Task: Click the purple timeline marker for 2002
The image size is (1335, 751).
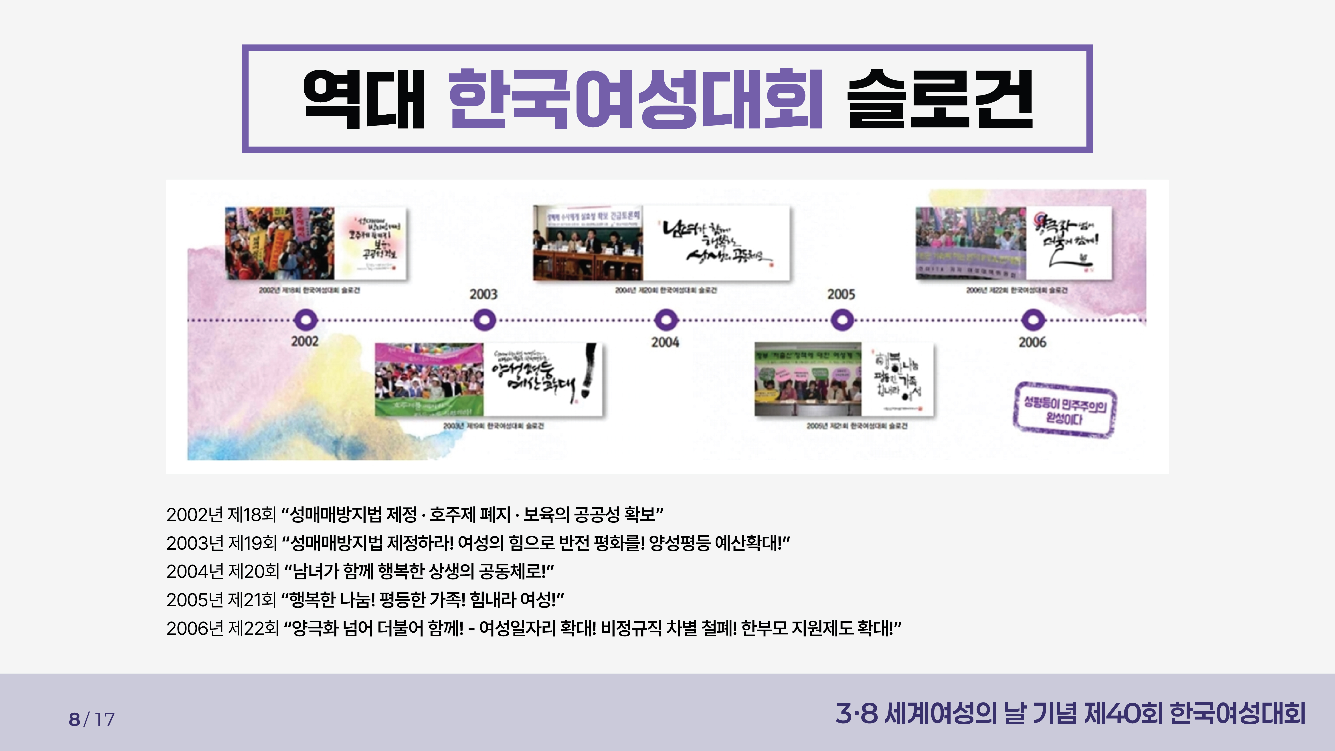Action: tap(305, 320)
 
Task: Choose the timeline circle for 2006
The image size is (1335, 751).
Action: tap(1033, 320)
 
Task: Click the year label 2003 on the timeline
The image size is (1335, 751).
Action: tap(483, 294)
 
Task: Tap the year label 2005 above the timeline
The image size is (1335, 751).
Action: tap(841, 294)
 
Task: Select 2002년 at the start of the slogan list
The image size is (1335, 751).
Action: tap(195, 515)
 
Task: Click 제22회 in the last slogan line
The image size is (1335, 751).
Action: tap(253, 629)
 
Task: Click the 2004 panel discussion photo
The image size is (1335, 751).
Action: tap(588, 243)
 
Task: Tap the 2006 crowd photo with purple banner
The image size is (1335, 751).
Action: tap(970, 243)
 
